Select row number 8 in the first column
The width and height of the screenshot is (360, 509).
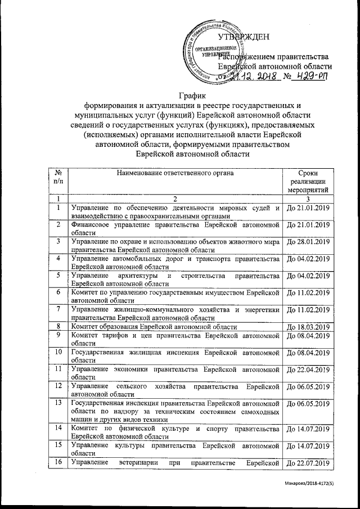click(x=58, y=326)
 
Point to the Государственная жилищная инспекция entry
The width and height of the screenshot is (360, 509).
click(x=174, y=355)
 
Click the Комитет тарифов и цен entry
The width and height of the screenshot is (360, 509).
click(x=174, y=339)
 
